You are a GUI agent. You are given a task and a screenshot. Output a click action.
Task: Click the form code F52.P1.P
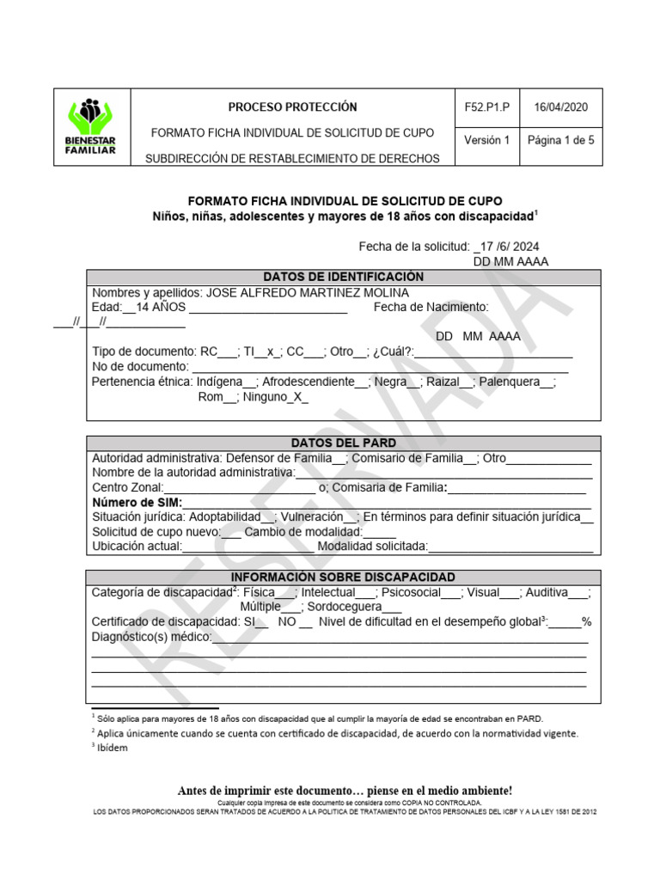(486, 107)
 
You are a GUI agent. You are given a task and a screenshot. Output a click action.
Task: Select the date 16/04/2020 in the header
(560, 107)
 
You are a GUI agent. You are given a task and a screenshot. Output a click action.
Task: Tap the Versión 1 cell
(486, 140)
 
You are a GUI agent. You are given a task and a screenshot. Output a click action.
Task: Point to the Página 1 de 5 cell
(560, 140)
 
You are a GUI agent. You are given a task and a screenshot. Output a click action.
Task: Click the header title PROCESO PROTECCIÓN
(292, 107)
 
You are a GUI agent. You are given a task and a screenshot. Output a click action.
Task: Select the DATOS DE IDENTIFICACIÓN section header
(343, 277)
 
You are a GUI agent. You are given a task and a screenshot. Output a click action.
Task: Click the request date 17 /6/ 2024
(509, 246)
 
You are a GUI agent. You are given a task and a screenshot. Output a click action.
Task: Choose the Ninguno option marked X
(275, 397)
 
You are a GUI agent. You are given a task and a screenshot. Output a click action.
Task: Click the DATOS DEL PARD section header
(343, 443)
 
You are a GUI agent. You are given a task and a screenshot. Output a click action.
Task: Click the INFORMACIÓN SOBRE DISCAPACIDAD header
(343, 577)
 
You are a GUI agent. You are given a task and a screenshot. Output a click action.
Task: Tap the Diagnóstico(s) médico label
(150, 637)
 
